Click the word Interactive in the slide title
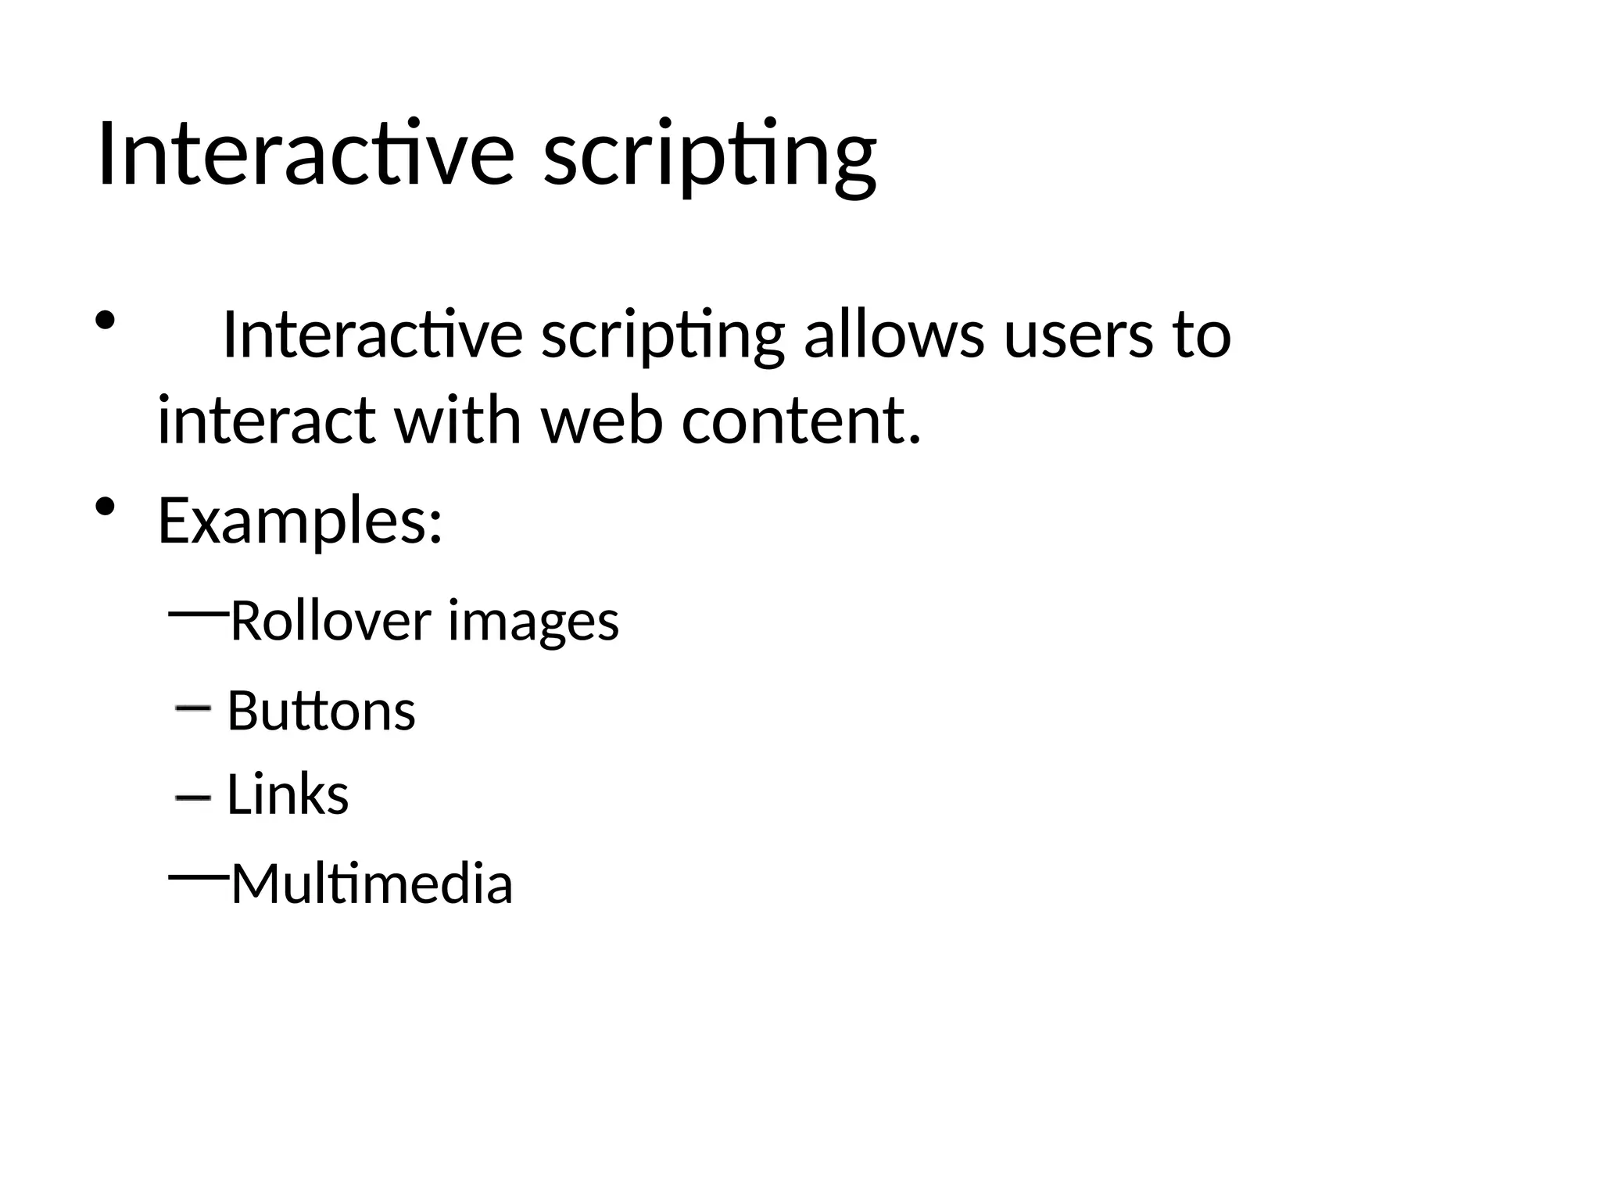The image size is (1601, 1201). [x=305, y=154]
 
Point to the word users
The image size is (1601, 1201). [x=1078, y=336]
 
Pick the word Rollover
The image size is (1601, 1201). [x=331, y=621]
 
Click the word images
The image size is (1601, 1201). [x=533, y=622]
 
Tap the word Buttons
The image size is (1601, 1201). [x=321, y=711]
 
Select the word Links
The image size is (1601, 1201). [x=288, y=795]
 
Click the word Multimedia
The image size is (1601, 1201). [x=372, y=884]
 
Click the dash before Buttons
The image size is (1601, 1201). [x=193, y=708]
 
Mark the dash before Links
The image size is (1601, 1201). [x=193, y=798]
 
